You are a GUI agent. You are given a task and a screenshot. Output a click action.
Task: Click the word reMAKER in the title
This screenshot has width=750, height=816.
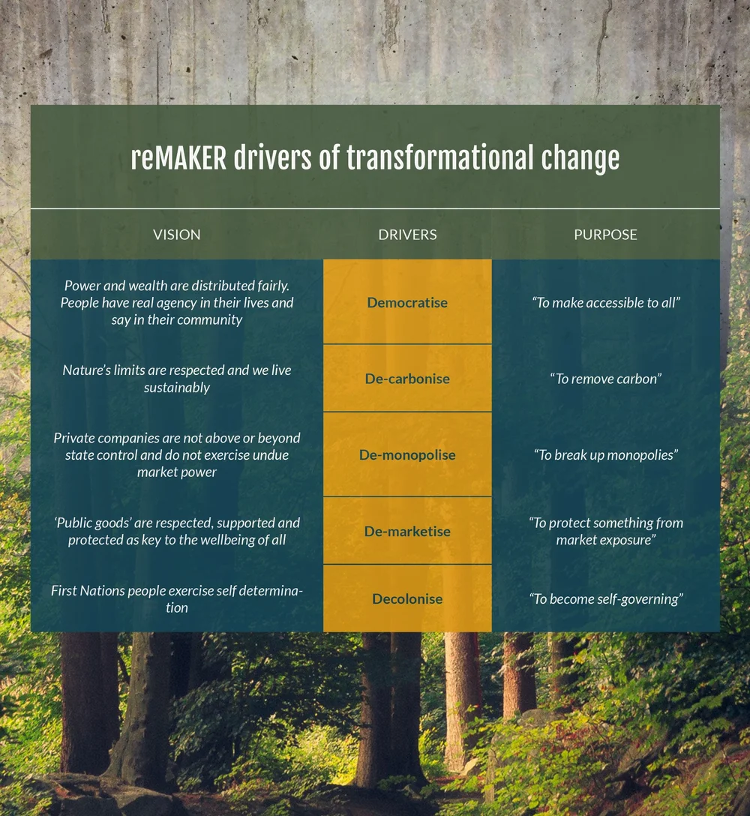pos(178,158)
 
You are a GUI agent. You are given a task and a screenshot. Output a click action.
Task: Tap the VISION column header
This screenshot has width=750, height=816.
pos(177,235)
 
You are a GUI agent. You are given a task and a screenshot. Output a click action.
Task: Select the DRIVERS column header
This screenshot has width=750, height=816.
pos(407,235)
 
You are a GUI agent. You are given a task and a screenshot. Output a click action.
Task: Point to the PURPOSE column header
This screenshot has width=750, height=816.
pos(605,235)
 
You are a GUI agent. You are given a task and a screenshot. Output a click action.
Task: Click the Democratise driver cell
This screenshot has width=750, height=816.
pos(407,303)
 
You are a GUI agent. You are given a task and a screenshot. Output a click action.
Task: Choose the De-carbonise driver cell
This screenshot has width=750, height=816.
pos(407,379)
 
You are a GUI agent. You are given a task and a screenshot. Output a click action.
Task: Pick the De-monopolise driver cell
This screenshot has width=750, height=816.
pos(407,455)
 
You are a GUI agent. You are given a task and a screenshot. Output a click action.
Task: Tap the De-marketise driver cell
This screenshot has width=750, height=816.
pos(407,532)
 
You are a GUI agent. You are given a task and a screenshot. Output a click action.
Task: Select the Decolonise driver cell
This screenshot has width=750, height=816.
pos(407,599)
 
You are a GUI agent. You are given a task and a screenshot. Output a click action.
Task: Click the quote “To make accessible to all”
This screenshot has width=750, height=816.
pos(605,303)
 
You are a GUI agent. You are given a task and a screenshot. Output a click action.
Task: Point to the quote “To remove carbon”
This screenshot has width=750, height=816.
pos(605,379)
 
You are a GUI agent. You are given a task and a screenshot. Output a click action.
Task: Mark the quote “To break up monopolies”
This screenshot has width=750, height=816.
pos(605,455)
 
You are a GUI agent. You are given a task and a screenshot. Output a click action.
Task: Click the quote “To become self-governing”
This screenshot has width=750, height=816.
pos(605,599)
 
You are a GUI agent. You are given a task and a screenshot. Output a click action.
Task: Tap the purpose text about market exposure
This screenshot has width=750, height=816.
pos(605,531)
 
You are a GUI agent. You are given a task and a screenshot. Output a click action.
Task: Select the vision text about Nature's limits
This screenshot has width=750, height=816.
pos(177,379)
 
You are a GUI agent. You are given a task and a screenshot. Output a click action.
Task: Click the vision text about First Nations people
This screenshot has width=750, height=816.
pos(177,598)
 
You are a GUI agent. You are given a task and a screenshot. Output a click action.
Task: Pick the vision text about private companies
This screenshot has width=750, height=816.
pos(177,455)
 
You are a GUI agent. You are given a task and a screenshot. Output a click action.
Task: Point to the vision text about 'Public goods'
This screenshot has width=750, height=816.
pos(177,531)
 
